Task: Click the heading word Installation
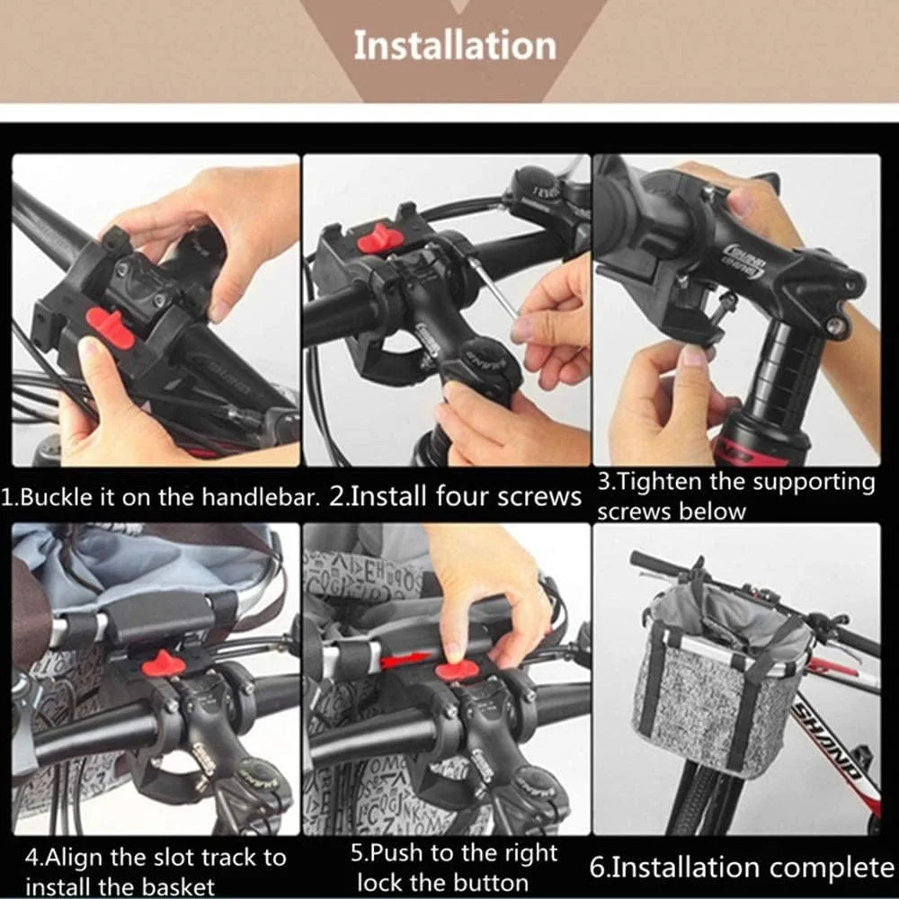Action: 454,45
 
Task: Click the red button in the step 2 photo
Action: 380,237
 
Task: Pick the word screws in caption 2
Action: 539,497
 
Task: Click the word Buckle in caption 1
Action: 57,498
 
